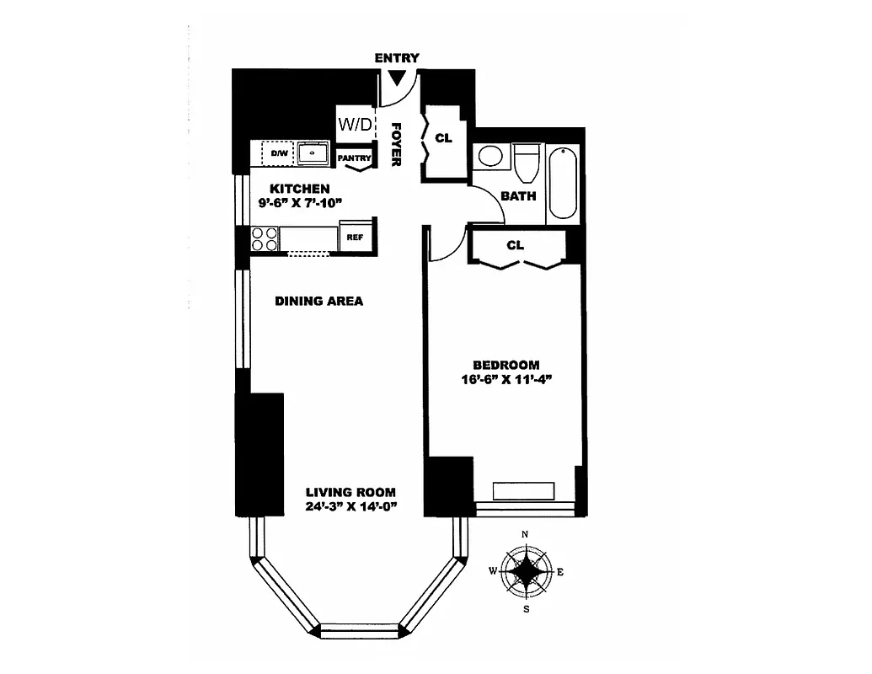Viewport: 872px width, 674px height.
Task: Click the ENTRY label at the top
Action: pos(397,57)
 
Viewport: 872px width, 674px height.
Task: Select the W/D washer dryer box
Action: pos(355,124)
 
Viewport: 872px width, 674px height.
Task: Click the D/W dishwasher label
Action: pos(278,154)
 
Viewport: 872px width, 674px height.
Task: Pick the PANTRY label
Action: pos(355,158)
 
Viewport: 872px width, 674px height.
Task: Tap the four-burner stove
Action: pos(265,239)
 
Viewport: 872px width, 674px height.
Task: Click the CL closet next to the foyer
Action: pos(443,137)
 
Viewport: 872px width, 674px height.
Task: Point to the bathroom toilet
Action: pos(527,163)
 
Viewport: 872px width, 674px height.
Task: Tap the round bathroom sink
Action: pos(489,158)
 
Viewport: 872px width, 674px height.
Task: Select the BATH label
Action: pos(518,195)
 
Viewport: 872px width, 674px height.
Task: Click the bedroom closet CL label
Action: pos(515,245)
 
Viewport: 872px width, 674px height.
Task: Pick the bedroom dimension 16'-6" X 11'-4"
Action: pos(506,372)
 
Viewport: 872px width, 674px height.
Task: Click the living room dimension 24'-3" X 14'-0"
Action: pos(350,500)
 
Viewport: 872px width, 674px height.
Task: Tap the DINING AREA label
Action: pos(319,301)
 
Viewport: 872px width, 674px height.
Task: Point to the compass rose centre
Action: pos(527,571)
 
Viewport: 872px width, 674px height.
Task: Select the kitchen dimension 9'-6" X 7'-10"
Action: pos(299,195)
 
